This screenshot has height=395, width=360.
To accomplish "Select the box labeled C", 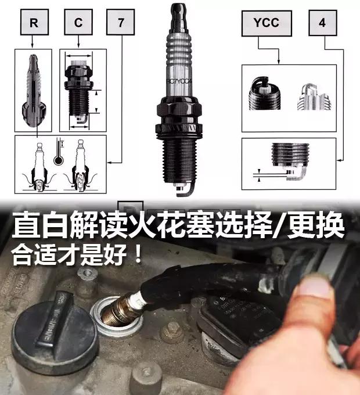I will (77, 23).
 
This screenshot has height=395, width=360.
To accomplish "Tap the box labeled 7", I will (121, 23).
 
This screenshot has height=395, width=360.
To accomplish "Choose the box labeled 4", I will (322, 23).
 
